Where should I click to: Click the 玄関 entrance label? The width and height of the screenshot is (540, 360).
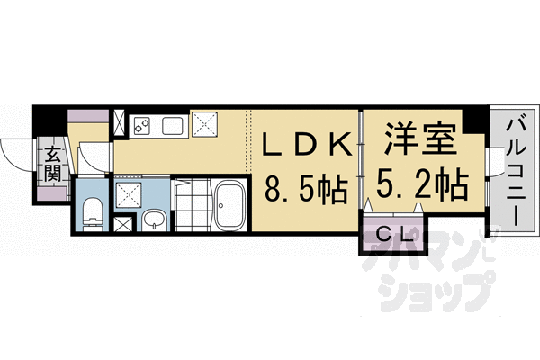tap(53, 162)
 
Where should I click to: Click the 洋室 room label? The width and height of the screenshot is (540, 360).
tap(417, 142)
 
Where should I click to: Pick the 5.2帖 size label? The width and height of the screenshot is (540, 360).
tap(417, 186)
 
